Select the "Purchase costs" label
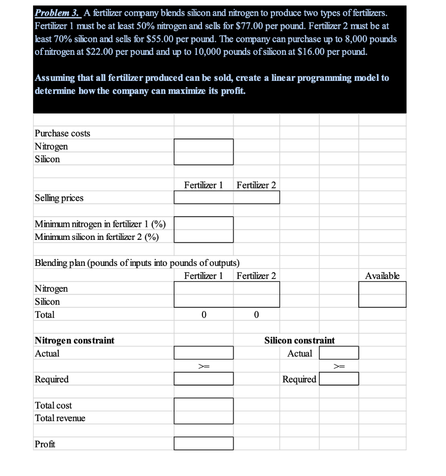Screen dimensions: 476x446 point(62,133)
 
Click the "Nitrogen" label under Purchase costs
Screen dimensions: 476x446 point(51,146)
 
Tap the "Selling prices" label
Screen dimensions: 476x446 point(59,198)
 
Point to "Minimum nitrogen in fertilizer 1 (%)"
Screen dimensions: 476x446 point(100,224)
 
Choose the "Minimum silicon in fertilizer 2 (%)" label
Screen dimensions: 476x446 point(97,237)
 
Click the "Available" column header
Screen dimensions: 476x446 point(382,276)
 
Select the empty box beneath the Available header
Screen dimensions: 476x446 point(382,294)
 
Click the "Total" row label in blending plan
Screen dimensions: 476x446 point(45,315)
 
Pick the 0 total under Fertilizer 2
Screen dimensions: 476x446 point(256,315)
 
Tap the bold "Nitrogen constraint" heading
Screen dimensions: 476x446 point(74,341)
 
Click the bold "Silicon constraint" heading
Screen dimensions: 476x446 point(299,341)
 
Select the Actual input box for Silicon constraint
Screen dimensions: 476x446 point(338,353)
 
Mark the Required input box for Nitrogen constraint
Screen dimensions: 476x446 point(203,379)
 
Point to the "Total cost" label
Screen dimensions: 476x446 point(54,405)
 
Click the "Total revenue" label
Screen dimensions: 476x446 point(60,418)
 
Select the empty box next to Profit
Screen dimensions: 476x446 point(203,444)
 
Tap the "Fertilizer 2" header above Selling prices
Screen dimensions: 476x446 point(256,185)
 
